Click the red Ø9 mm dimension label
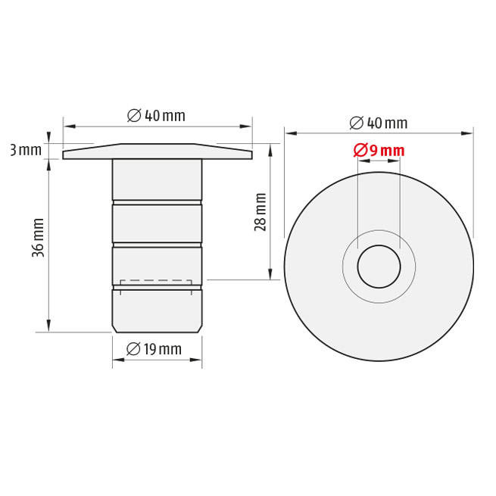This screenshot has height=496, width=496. click(x=379, y=150)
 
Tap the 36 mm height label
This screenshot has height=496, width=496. click(x=39, y=238)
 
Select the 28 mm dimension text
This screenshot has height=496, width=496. click(x=260, y=212)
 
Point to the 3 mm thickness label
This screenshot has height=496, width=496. click(x=26, y=150)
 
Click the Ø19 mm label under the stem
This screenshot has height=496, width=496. click(x=154, y=349)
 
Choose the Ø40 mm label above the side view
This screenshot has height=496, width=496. click(x=156, y=115)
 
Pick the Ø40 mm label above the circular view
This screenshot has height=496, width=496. click(x=379, y=123)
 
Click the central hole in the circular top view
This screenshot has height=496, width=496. click(x=379, y=267)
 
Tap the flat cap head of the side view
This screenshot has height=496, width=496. click(x=158, y=151)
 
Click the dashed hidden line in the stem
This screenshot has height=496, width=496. click(x=156, y=280)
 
